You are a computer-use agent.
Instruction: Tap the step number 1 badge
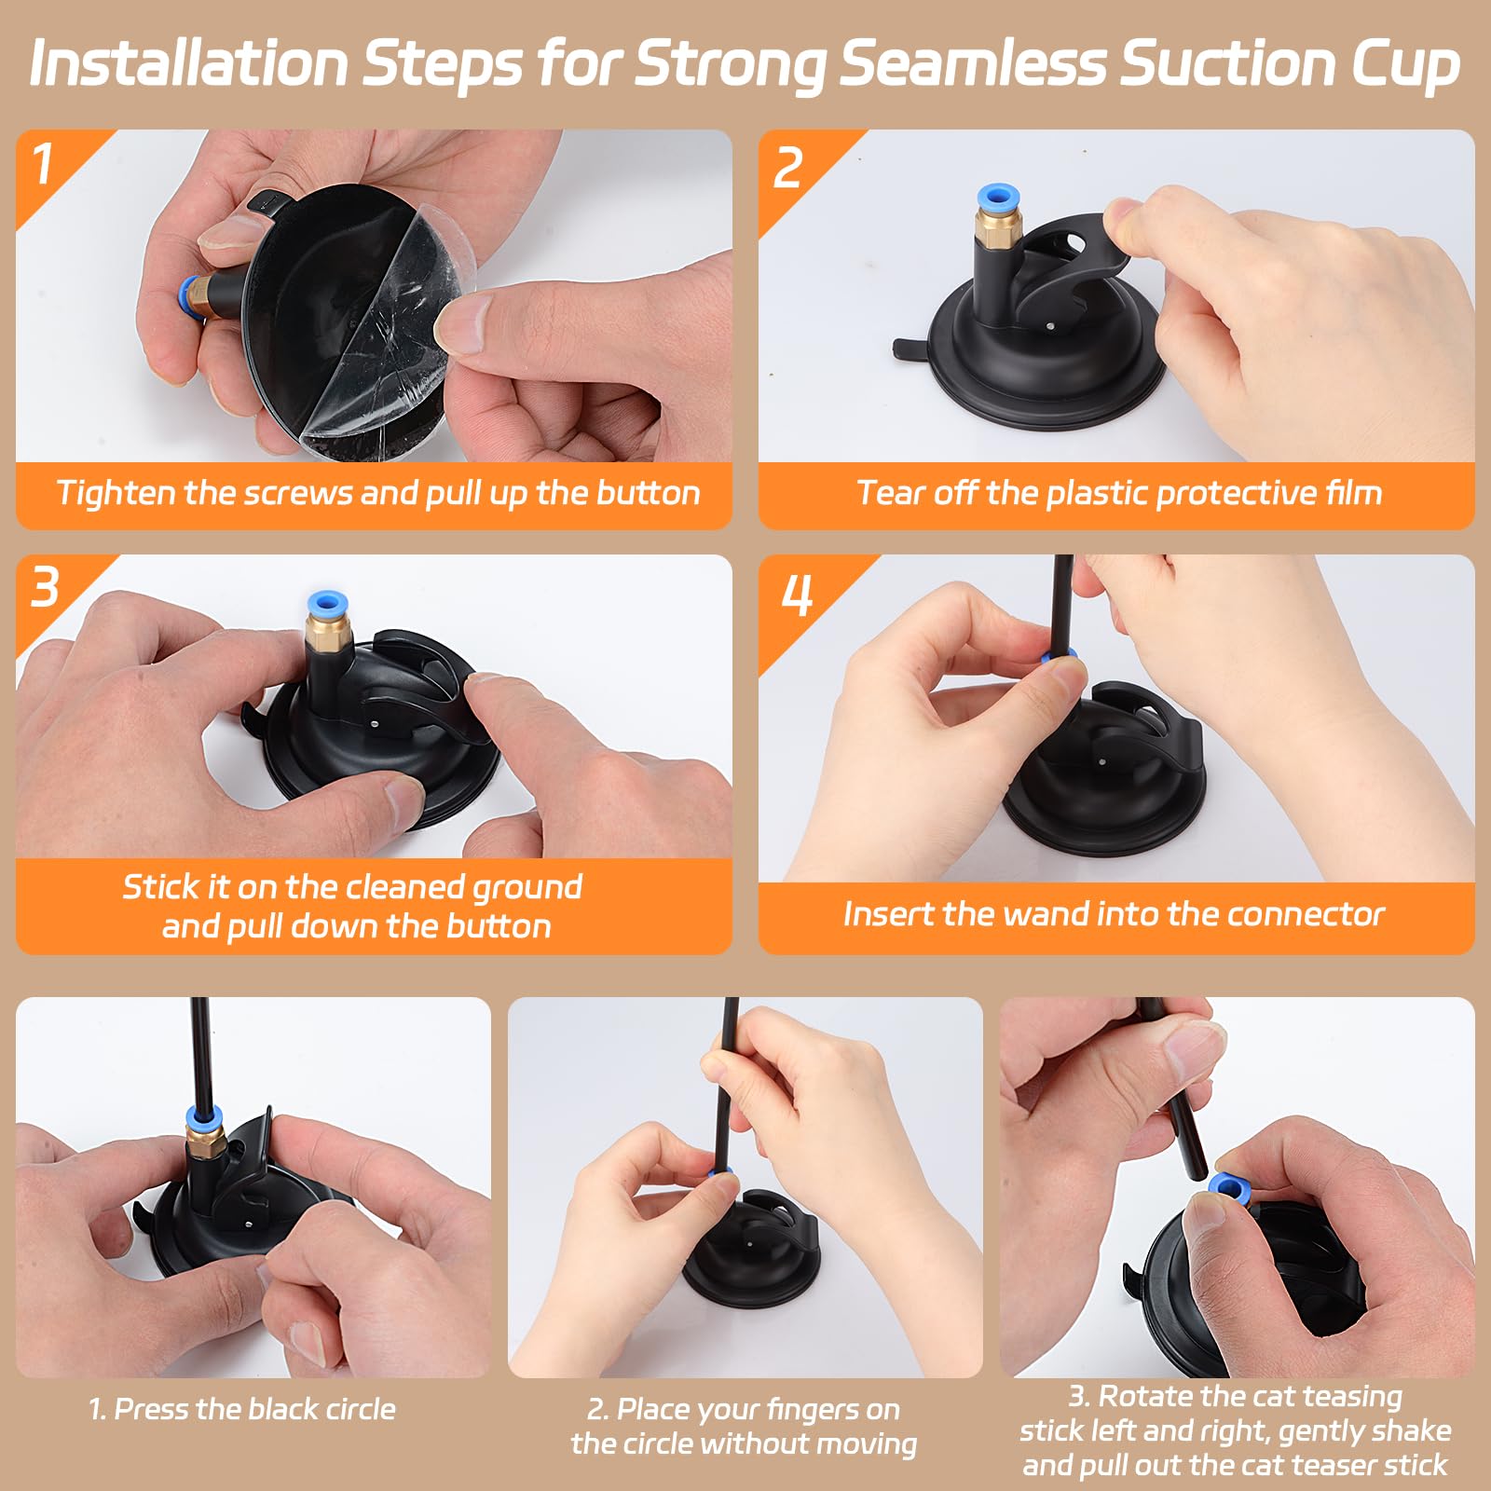coord(43,165)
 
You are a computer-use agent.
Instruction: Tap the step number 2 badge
coord(787,168)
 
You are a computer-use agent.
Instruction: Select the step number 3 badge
coord(45,588)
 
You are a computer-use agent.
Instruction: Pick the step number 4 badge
coord(797,595)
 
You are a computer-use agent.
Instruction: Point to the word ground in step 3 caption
coord(527,886)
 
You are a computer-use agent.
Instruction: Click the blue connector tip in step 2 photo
coord(998,199)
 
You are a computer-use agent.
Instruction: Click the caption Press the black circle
coord(242,1409)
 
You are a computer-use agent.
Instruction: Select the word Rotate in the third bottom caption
coord(1147,1396)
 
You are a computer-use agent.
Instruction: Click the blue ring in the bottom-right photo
coord(1228,1188)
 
